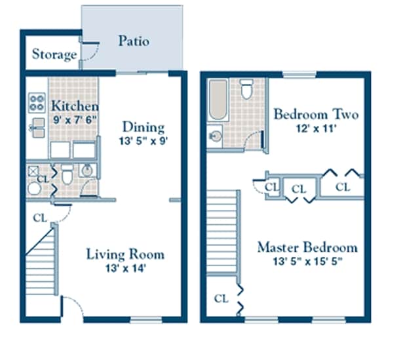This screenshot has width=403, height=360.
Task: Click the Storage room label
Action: tap(54, 54)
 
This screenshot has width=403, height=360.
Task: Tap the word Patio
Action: tap(133, 41)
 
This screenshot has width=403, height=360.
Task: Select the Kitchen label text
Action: tap(75, 106)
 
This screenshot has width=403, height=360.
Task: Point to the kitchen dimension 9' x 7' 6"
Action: tap(75, 120)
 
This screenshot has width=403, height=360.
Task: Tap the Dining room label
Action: tap(144, 127)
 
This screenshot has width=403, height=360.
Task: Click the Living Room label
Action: tap(125, 254)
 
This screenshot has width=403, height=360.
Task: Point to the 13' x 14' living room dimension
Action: tap(125, 268)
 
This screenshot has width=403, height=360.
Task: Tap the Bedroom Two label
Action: tap(316, 114)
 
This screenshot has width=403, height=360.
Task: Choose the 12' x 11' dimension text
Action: tap(315, 129)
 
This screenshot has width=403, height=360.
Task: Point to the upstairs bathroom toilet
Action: tap(247, 89)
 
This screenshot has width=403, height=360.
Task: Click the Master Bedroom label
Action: tap(307, 247)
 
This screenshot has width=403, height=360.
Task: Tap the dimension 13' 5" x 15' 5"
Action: tap(307, 261)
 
